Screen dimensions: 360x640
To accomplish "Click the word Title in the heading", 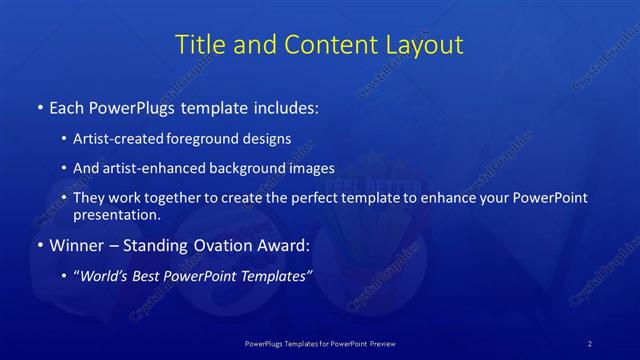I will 199,45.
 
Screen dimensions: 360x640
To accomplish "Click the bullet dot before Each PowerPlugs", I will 39,107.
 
